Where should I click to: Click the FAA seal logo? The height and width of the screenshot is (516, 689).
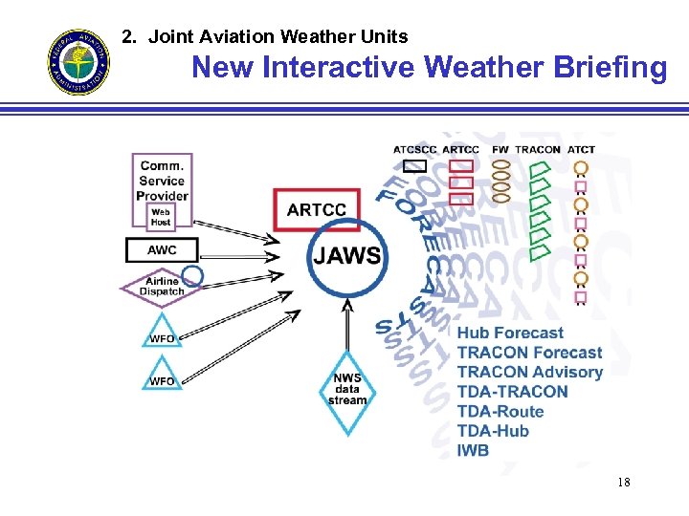coord(79,62)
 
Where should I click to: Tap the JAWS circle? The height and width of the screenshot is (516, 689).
coord(345,256)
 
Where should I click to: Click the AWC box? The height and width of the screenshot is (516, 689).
coord(162,250)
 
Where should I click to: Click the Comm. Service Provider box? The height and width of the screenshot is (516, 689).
coord(162,180)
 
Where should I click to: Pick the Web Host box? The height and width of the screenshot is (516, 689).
coord(162,215)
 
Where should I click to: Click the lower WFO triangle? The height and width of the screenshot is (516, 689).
coord(162,376)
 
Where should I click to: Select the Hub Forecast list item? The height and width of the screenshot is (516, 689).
coord(510,333)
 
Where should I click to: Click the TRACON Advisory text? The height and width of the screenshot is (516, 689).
coord(530,372)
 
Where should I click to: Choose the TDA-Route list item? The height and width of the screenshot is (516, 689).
coord(500,411)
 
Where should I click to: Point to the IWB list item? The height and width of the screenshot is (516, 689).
coord(473,450)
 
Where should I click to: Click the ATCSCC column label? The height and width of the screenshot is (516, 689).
coord(414,149)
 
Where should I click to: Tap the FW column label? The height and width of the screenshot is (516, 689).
coord(500,149)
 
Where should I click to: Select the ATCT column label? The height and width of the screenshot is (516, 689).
coord(581,149)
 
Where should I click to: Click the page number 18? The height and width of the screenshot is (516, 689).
coord(623,483)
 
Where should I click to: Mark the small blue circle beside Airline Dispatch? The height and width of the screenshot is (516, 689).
coord(192,276)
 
